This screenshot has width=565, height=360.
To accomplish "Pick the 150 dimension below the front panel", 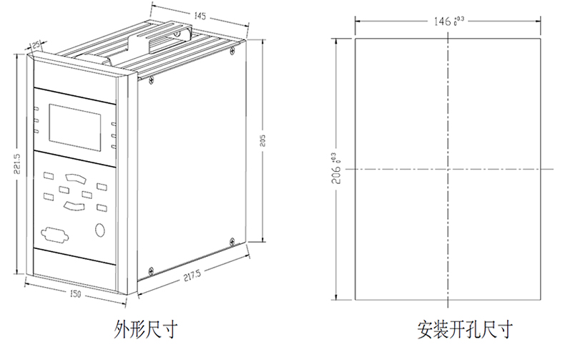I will point(74,294).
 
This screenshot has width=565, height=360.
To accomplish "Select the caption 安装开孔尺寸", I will point(466,330).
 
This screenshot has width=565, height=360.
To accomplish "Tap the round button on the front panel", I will point(100,230).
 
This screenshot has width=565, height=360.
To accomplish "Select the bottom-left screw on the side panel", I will point(150,271).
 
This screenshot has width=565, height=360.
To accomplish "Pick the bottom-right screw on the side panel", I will point(231,240).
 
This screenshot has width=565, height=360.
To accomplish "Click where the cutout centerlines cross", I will point(448,169).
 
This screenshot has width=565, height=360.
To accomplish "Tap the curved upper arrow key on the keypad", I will point(74,177).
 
